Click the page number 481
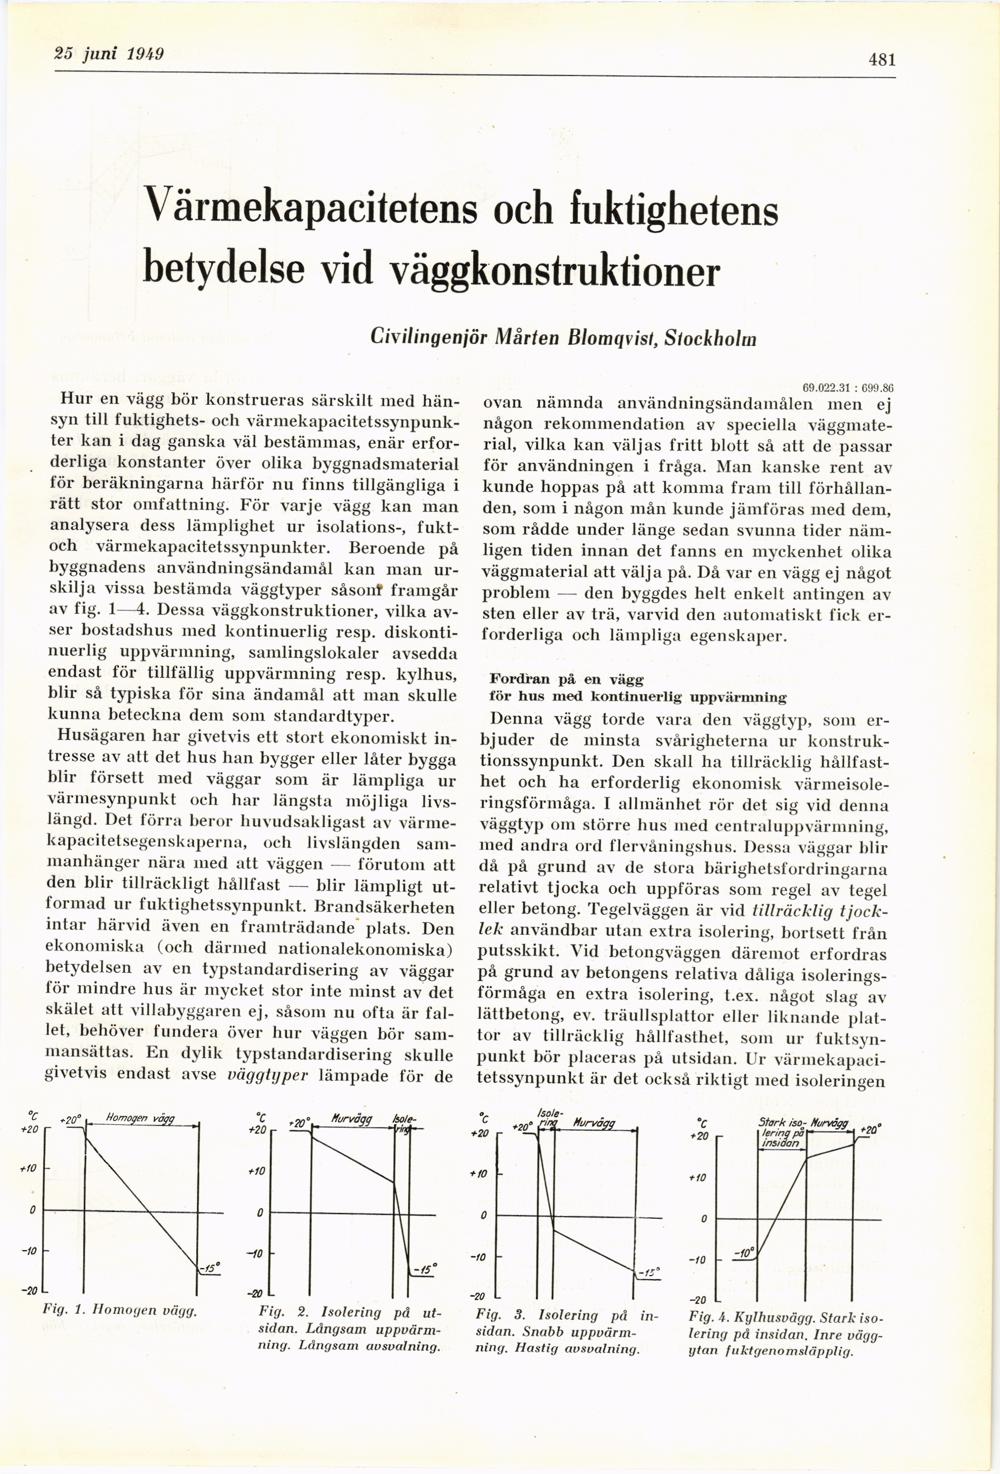pos(882,60)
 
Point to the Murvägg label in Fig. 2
pos(352,1119)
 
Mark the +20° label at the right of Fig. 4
pos(869,1130)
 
